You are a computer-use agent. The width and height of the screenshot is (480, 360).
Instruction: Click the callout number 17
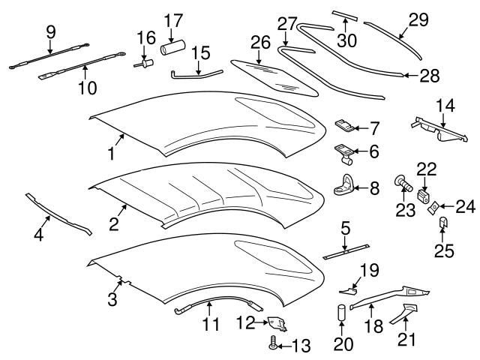[x=173, y=19]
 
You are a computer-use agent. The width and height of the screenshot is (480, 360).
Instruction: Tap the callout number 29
[x=418, y=21]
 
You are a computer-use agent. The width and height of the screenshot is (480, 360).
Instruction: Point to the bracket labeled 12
[x=277, y=323]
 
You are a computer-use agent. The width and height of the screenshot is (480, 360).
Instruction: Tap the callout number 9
[x=50, y=31]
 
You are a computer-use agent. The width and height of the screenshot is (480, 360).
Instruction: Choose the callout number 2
[x=114, y=223]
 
